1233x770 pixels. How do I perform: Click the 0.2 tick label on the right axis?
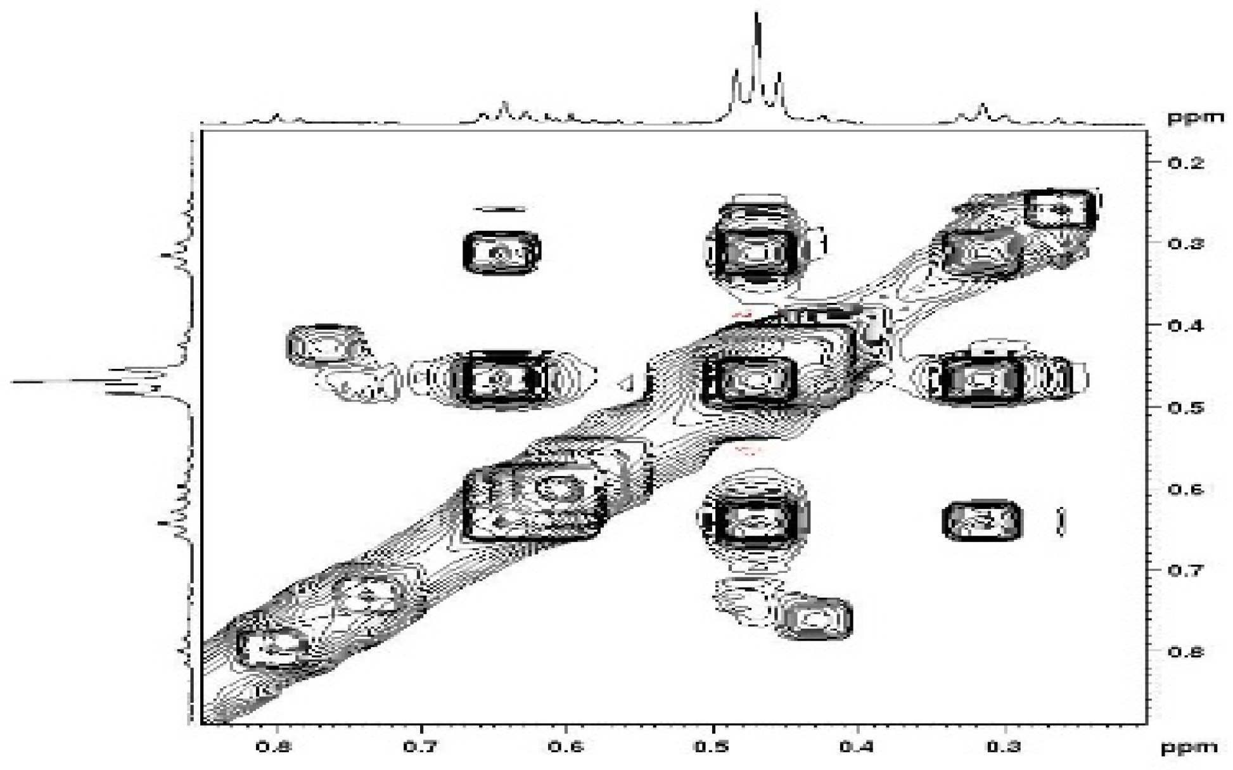pos(1185,163)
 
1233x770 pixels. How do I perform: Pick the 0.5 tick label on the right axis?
pos(1185,407)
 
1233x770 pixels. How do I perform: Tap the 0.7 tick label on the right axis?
pos(1185,570)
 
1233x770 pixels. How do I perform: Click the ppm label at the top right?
pos(1196,118)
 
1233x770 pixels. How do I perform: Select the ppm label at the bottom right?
pos(1189,747)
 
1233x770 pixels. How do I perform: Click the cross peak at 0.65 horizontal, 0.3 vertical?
pos(501,252)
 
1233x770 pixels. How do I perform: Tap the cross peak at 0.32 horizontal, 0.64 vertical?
pos(982,521)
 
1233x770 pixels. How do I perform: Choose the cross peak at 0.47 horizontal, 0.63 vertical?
pos(754,520)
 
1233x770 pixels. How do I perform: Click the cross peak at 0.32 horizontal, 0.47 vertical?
pos(981,379)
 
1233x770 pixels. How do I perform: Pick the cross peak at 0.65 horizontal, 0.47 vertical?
pos(501,378)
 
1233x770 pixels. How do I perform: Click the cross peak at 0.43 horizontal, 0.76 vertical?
pos(815,618)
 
